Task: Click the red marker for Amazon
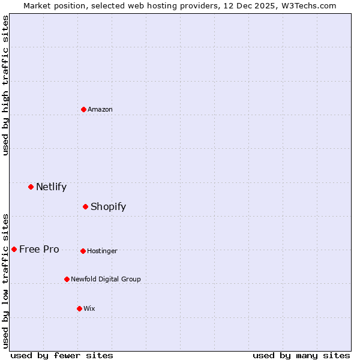click(x=83, y=109)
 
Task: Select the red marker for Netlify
click(x=31, y=187)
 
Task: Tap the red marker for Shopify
click(x=85, y=206)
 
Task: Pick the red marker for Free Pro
click(x=14, y=249)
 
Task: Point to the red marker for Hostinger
click(x=83, y=251)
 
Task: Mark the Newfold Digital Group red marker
click(x=67, y=279)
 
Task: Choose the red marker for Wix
click(x=79, y=308)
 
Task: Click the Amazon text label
click(x=100, y=109)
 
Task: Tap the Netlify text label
click(x=51, y=187)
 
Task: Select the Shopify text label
click(x=108, y=206)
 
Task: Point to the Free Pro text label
click(x=39, y=249)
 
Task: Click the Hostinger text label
click(x=102, y=251)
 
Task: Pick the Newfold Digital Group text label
click(x=106, y=279)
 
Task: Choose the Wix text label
click(x=89, y=308)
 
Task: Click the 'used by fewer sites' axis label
click(x=62, y=355)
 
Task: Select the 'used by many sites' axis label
click(x=301, y=355)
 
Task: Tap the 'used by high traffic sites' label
click(x=6, y=86)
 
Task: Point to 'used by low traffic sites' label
click(x=6, y=281)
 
